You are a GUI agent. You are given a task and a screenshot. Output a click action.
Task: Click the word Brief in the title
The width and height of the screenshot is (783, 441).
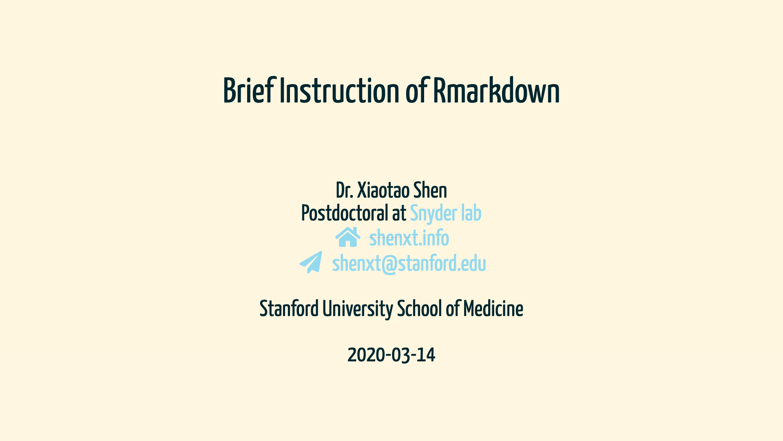click(x=250, y=90)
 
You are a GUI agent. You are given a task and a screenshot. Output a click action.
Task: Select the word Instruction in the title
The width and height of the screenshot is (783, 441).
click(x=339, y=90)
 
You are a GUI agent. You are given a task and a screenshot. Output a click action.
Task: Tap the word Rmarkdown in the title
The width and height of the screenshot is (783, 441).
click(x=496, y=90)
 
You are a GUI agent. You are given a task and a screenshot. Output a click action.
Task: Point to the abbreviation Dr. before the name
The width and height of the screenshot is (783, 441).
click(x=345, y=190)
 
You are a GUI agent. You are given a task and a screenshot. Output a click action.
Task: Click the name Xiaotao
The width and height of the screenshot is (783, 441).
click(x=383, y=190)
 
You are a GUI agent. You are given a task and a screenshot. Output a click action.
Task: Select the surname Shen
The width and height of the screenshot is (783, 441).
click(x=430, y=190)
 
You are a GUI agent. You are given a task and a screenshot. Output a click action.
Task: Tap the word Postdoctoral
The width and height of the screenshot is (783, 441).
click(x=345, y=213)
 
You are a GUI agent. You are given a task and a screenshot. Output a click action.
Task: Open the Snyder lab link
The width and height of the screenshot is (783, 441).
click(x=446, y=214)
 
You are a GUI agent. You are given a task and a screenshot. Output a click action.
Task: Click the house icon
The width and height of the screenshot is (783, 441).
click(x=348, y=237)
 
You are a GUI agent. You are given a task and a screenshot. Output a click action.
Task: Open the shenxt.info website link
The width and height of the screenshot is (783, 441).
click(x=409, y=238)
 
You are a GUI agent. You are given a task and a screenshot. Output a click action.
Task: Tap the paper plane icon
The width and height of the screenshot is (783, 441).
click(x=311, y=262)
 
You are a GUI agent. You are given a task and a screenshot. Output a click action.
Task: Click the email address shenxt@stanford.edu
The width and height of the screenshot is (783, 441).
click(x=409, y=263)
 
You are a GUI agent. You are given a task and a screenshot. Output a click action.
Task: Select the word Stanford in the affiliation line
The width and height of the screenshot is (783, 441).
click(x=289, y=309)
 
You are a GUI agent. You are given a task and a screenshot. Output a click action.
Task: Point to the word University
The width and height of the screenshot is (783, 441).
click(x=358, y=309)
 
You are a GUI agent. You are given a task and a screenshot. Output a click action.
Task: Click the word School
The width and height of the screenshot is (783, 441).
click(x=419, y=309)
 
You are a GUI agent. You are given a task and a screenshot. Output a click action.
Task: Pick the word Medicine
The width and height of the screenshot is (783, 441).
click(x=493, y=309)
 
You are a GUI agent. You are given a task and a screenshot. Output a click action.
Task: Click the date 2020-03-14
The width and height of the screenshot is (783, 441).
click(x=391, y=355)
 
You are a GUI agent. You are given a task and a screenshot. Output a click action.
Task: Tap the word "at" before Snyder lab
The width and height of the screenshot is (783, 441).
click(x=399, y=214)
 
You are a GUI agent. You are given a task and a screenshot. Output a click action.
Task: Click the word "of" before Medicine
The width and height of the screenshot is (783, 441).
click(x=453, y=309)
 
